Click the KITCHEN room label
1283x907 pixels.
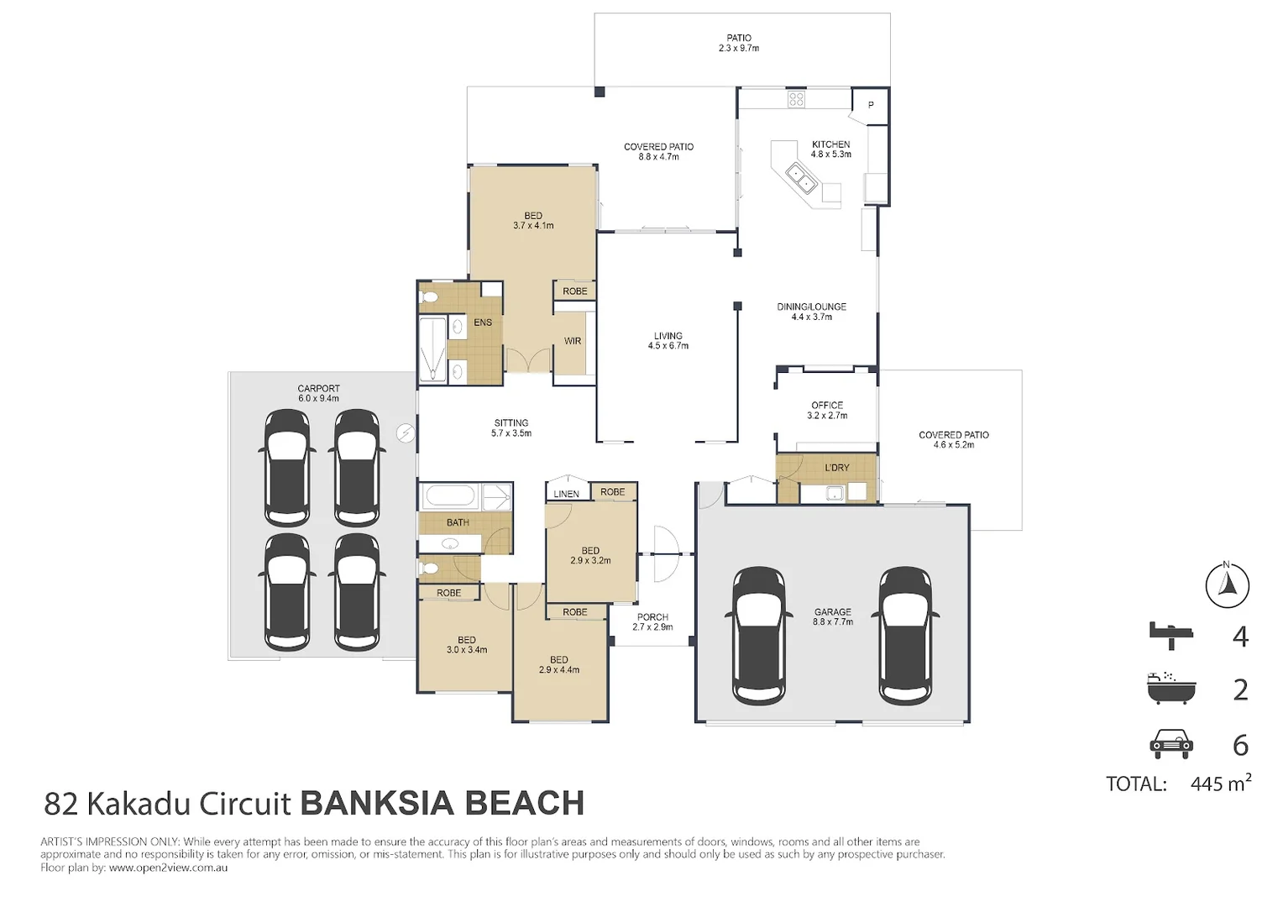click(x=830, y=144)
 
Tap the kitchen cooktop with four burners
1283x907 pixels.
click(x=796, y=100)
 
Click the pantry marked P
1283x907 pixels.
click(x=871, y=106)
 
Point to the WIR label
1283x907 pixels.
click(x=572, y=341)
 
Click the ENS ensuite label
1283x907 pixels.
click(x=482, y=322)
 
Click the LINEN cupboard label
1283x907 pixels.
click(x=566, y=494)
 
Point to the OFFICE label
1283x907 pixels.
click(x=827, y=405)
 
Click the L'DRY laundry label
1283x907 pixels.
click(x=837, y=468)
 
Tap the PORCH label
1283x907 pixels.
click(x=652, y=617)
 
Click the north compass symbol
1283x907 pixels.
click(x=1227, y=585)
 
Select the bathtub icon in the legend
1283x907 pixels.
click(x=1171, y=688)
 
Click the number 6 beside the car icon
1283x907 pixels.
click(x=1240, y=746)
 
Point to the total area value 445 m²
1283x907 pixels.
click(x=1221, y=783)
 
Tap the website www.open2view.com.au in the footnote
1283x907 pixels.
click(x=169, y=868)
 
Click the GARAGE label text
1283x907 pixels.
click(x=832, y=612)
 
